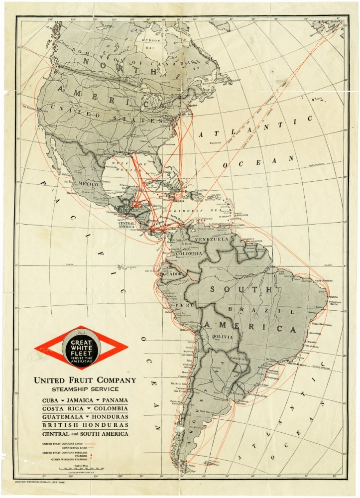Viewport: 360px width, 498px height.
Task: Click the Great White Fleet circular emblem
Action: point(81,348)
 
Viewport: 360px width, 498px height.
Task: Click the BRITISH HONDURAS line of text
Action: point(85,425)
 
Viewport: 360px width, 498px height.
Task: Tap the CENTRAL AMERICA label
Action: point(126,225)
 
